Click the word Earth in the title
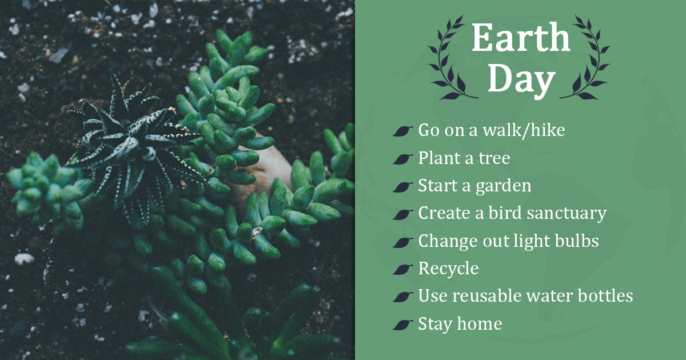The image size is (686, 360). pyautogui.click(x=521, y=39)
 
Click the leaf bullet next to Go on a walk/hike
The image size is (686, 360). pyautogui.click(x=403, y=131)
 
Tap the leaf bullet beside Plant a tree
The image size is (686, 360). pyautogui.click(x=403, y=159)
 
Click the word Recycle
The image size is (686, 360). pyautogui.click(x=448, y=269)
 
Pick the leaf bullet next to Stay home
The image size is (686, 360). pyautogui.click(x=403, y=325)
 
